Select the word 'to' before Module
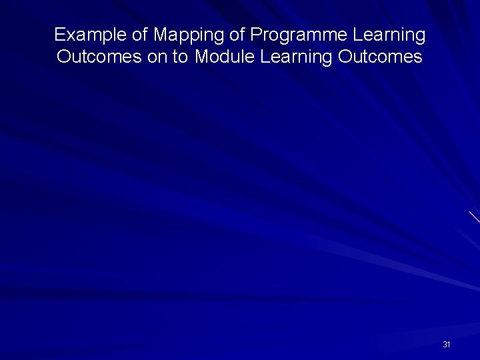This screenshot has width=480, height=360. (181, 57)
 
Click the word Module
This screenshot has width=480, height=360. (225, 57)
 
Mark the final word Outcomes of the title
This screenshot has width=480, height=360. (381, 57)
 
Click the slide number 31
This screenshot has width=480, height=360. (447, 345)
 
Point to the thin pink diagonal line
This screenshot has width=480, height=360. (474, 217)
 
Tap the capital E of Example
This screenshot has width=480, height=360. (59, 34)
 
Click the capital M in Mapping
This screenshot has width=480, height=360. (159, 34)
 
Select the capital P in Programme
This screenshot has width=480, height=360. (256, 34)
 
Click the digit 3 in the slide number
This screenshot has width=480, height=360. (445, 345)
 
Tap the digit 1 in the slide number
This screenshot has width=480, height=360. (449, 345)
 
